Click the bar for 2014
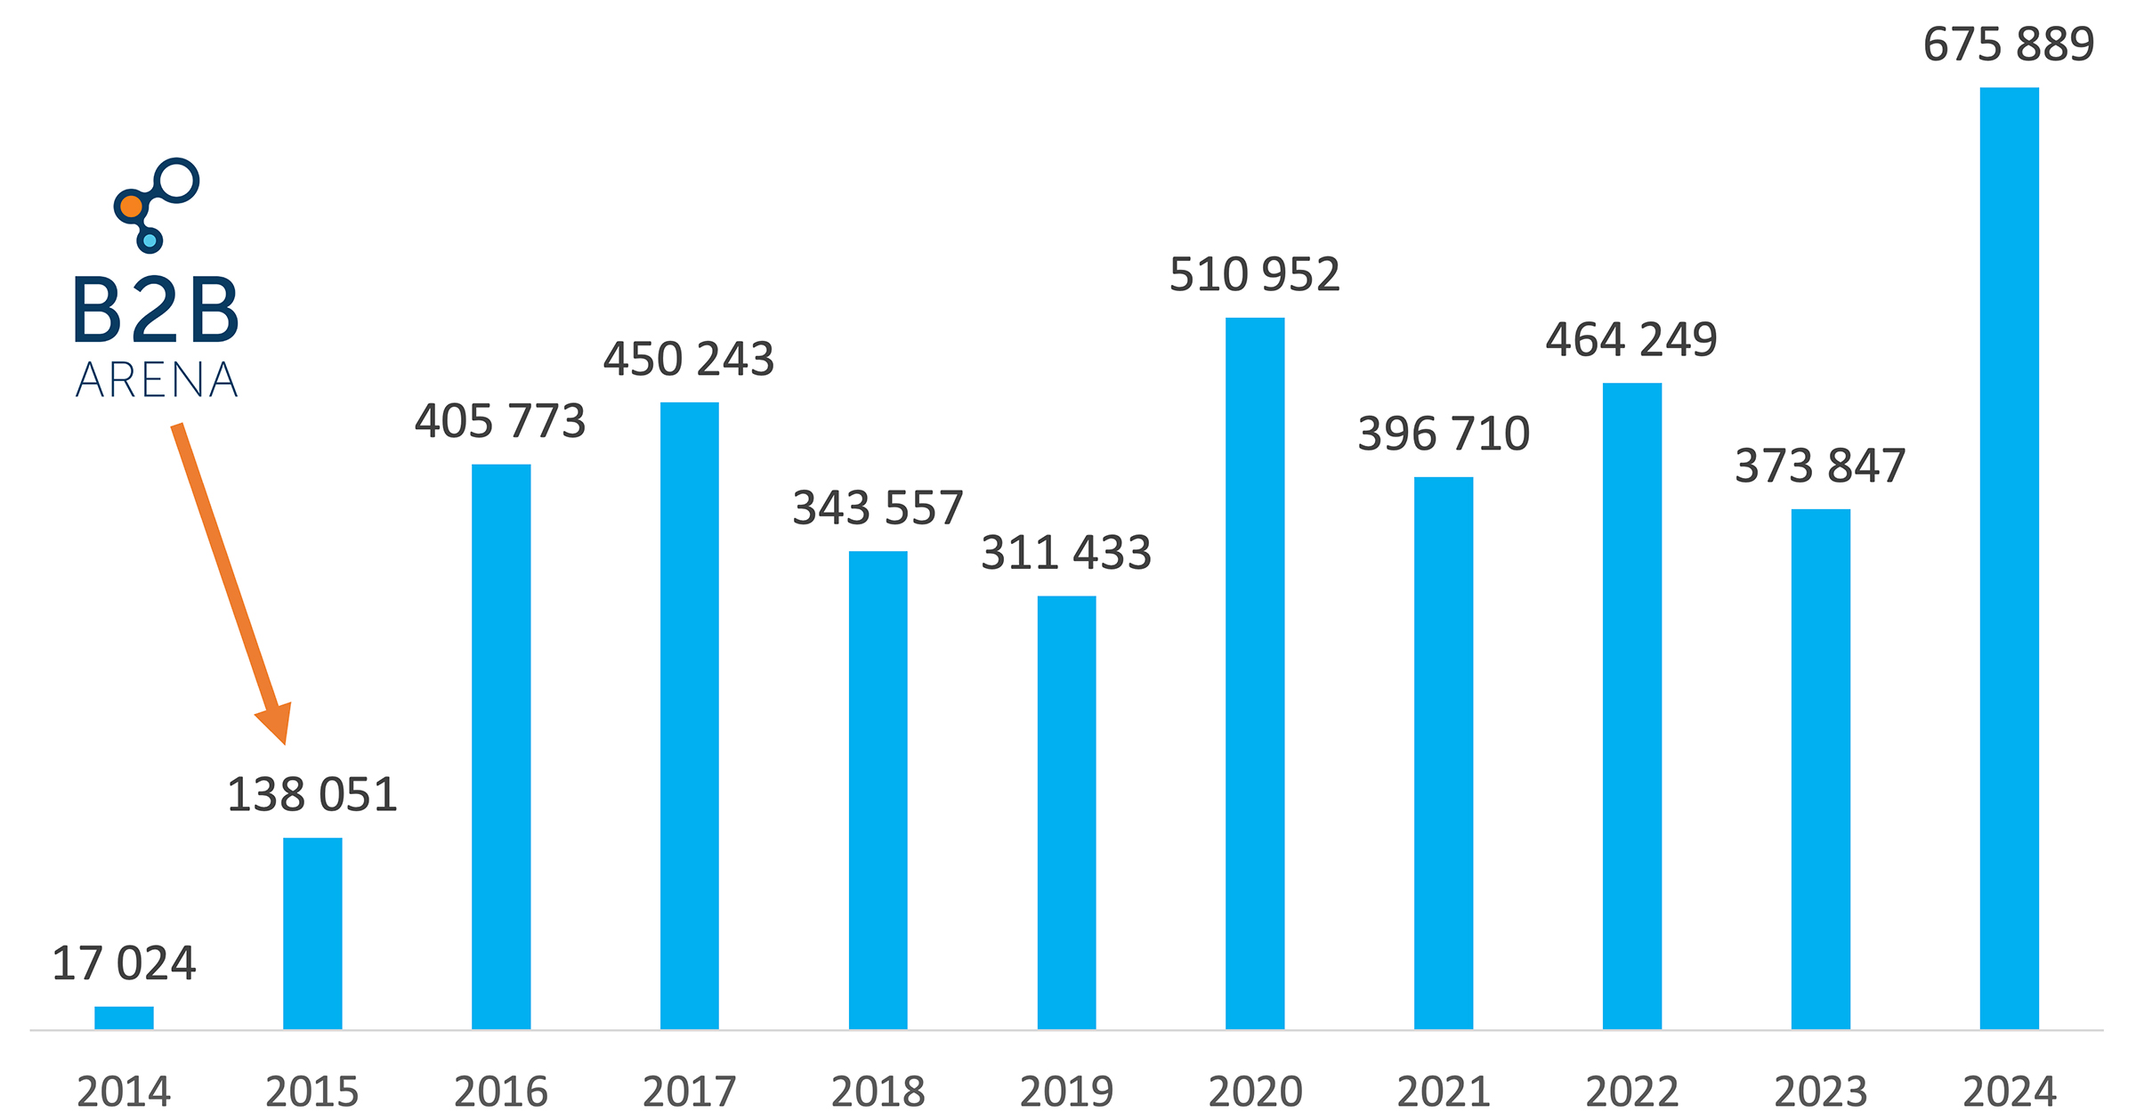coord(124,1018)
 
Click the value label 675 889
coord(2009,45)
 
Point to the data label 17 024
coord(124,963)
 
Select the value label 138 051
coord(312,794)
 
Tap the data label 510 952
coord(1255,274)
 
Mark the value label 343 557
coord(878,508)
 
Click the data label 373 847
coord(1820,466)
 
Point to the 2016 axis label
coord(501,1092)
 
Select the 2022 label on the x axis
coord(1632,1092)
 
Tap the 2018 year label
coord(878,1092)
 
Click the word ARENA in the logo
coord(157,380)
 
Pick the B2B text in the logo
coord(156,311)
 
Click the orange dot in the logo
coord(131,207)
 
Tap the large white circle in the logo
coord(177,180)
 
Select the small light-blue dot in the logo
coord(150,240)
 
